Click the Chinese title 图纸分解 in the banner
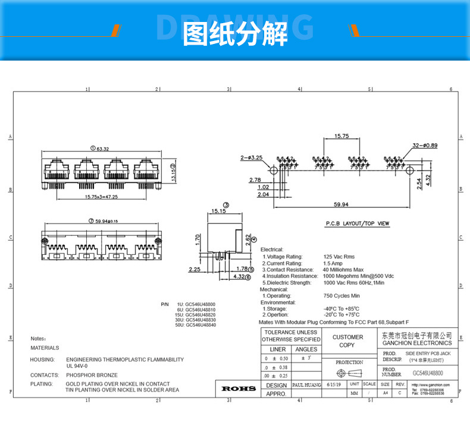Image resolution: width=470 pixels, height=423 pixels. [235, 34]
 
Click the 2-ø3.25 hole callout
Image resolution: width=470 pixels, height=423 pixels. [252, 157]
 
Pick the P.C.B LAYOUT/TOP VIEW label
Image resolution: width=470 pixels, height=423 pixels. [357, 224]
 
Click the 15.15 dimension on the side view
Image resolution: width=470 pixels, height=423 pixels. [218, 211]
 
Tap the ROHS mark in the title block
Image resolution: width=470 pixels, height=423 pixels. [238, 389]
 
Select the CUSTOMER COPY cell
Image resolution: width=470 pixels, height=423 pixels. [347, 341]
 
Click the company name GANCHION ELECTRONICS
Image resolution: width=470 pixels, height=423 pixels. [416, 343]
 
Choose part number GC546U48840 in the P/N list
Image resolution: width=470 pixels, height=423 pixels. [200, 325]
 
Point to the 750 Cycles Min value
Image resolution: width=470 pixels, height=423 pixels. [341, 295]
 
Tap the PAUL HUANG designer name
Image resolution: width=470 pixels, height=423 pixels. [306, 385]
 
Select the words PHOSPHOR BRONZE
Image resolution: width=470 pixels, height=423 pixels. [92, 375]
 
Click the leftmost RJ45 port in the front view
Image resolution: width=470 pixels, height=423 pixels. [57, 169]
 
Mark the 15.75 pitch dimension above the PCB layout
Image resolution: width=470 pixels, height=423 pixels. [341, 136]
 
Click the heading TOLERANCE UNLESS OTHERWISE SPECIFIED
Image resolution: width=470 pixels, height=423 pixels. [292, 336]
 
